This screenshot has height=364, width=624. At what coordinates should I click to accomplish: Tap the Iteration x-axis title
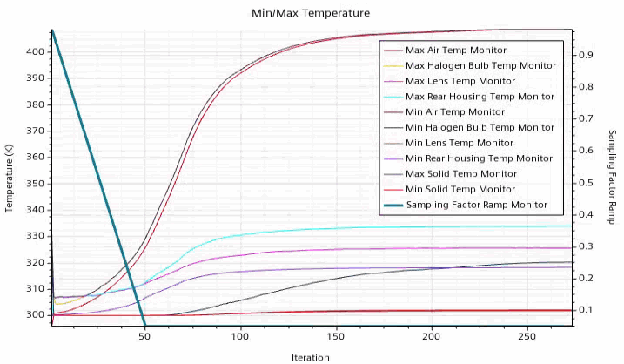pyautogui.click(x=311, y=357)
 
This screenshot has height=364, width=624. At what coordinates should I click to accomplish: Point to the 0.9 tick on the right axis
pyautogui.click(x=587, y=55)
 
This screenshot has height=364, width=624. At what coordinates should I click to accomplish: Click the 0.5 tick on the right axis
pyautogui.click(x=587, y=182)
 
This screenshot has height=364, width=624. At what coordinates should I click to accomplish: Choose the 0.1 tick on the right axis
pyautogui.click(x=587, y=310)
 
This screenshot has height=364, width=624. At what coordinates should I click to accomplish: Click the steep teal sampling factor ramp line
pyautogui.click(x=98, y=179)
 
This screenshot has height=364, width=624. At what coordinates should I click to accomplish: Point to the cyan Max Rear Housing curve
pyautogui.click(x=348, y=229)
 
